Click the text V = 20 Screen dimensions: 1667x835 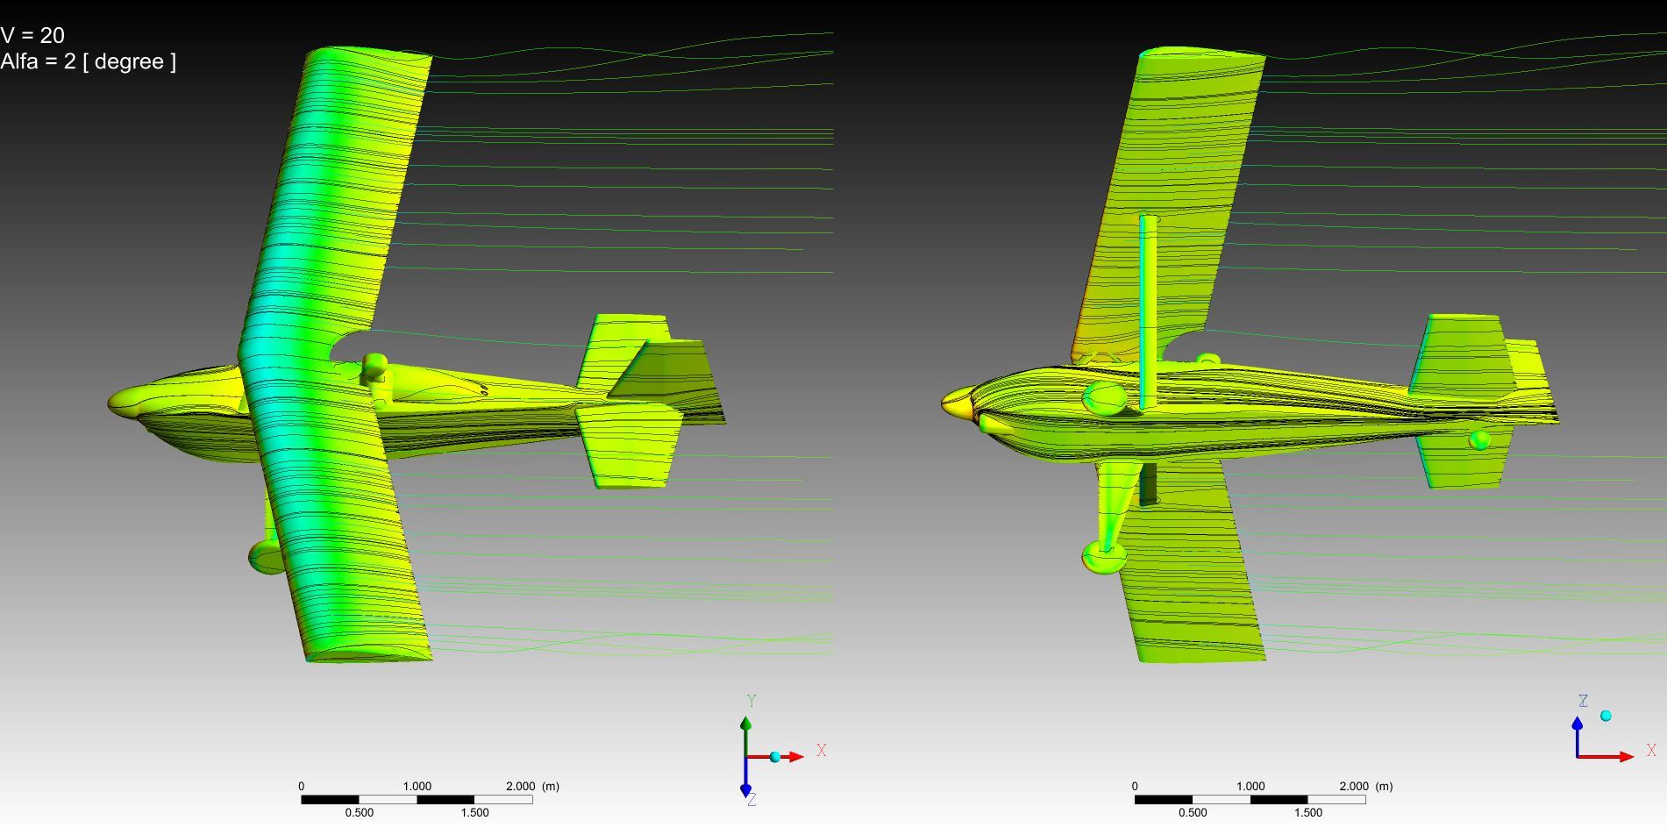pyautogui.click(x=32, y=35)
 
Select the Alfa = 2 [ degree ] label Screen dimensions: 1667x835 pyautogui.click(x=88, y=61)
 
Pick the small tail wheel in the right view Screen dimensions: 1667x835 pyautogui.click(x=1479, y=439)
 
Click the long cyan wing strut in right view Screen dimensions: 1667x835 pyautogui.click(x=1148, y=312)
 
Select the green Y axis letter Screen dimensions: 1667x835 pyautogui.click(x=752, y=701)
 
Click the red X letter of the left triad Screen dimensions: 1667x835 pyautogui.click(x=822, y=751)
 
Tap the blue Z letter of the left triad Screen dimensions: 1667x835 pyautogui.click(x=752, y=800)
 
